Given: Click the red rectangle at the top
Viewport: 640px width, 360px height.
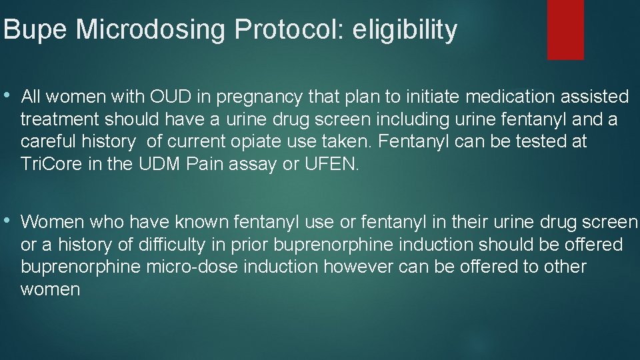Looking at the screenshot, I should [565, 29].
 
